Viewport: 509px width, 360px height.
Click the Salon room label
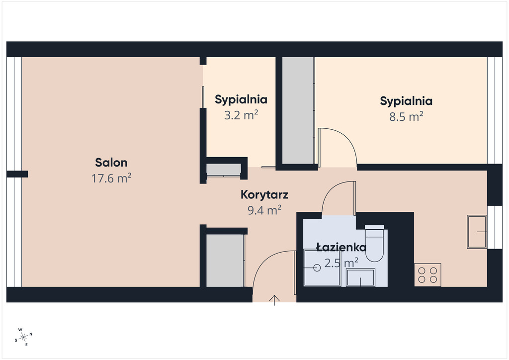[111, 162]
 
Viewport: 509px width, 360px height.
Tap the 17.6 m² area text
[111, 178]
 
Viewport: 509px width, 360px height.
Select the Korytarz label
[264, 194]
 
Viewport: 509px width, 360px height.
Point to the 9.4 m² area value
[264, 210]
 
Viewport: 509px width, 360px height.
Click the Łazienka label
[341, 247]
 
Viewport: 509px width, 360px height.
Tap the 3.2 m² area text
[241, 115]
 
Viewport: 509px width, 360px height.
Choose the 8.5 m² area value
[406, 116]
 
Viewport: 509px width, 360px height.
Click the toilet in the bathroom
[375, 244]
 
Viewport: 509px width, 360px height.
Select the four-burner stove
[427, 274]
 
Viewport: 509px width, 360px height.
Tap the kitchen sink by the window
[477, 232]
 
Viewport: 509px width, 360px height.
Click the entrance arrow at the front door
[274, 300]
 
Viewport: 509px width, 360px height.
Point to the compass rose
[23, 338]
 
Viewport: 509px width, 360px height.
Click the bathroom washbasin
[360, 277]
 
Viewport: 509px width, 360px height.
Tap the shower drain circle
[317, 268]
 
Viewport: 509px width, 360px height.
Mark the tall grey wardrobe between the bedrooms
[298, 110]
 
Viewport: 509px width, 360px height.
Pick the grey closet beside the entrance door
[225, 261]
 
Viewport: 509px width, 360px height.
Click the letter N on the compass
[31, 334]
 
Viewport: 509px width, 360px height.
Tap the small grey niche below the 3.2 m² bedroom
[223, 170]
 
